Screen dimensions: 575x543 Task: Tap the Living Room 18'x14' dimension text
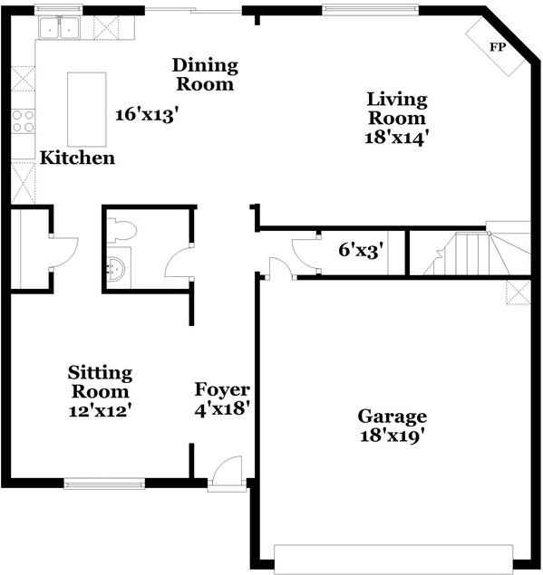pyautogui.click(x=396, y=138)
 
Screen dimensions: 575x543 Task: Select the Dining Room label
pyautogui.click(x=205, y=74)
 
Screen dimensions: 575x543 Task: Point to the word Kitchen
pyautogui.click(x=77, y=158)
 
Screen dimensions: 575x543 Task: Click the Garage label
pyautogui.click(x=392, y=417)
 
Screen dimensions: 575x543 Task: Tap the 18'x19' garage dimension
pyautogui.click(x=392, y=436)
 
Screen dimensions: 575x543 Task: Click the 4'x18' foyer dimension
pyautogui.click(x=222, y=408)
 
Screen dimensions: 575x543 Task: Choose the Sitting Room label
pyautogui.click(x=101, y=382)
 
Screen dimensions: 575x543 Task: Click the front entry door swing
pyautogui.click(x=226, y=471)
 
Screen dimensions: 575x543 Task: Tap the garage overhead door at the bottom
pyautogui.click(x=393, y=557)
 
